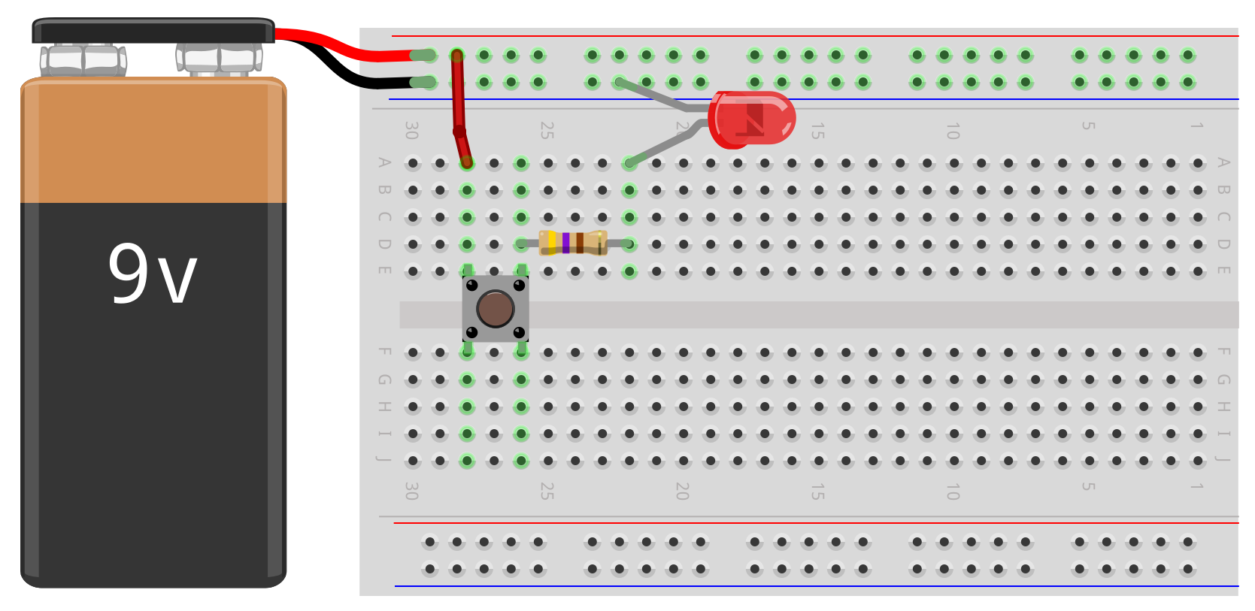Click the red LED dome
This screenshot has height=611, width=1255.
pos(753,119)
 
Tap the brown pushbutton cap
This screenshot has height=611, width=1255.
pos(495,309)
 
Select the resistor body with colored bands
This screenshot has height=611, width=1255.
pos(573,243)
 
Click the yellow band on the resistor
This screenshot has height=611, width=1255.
pos(553,243)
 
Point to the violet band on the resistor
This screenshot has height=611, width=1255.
pos(565,243)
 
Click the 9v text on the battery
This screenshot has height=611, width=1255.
pos(153,274)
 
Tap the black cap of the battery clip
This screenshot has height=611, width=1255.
pos(153,32)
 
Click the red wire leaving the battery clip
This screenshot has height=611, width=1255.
pos(338,47)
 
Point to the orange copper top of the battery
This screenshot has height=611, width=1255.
pos(153,143)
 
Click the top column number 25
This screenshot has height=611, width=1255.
pos(547,131)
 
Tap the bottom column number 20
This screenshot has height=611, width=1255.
pos(682,492)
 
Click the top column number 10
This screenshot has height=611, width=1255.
pos(953,131)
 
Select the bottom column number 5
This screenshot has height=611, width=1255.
pos(1088,487)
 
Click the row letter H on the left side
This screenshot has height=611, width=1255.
pos(384,407)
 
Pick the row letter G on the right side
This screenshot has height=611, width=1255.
pos(1223,380)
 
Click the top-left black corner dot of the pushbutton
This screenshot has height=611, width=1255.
pos(471,285)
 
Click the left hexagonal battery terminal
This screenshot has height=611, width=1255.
pos(83,59)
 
